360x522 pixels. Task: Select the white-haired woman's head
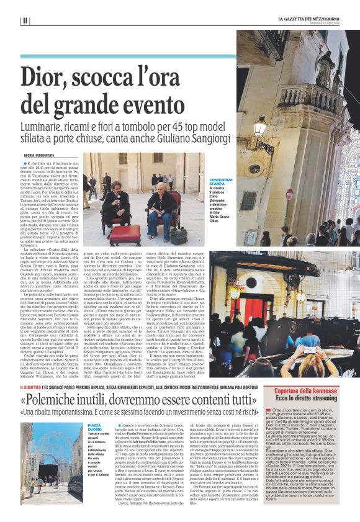click(163, 186)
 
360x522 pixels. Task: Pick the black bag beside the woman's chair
click(179, 237)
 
